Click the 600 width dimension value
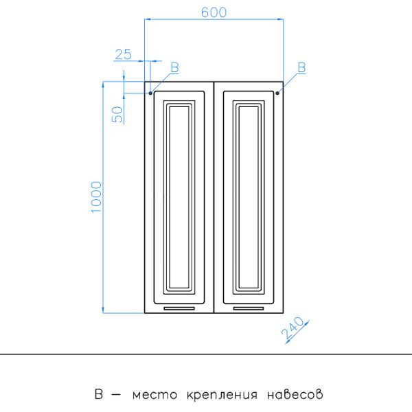(x=214, y=12)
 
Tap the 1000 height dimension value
(x=96, y=197)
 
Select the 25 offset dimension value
(x=123, y=54)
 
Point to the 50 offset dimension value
(x=117, y=114)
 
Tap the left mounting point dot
(x=150, y=93)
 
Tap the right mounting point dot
(x=277, y=93)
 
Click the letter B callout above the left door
(x=174, y=67)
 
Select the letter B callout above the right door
(x=301, y=67)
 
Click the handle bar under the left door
(x=179, y=308)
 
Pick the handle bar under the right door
(x=249, y=308)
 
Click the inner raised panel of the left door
(x=179, y=197)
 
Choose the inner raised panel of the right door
(x=249, y=197)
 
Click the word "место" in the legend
(x=154, y=395)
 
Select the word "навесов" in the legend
(x=295, y=394)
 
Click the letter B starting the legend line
(x=98, y=394)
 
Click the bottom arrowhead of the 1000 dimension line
(x=103, y=310)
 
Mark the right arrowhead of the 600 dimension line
(x=280, y=19)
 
